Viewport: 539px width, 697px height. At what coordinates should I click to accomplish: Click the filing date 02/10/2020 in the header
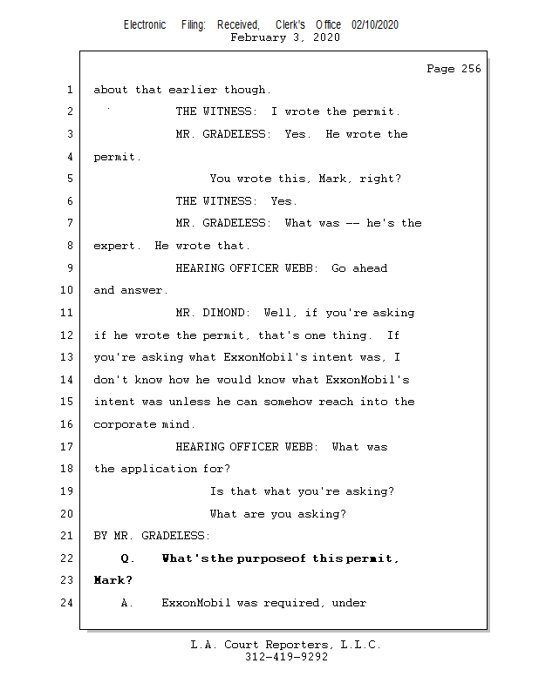[375, 25]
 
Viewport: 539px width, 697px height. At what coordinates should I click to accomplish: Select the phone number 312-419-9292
[286, 657]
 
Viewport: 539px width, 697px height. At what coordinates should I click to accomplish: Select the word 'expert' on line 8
[116, 246]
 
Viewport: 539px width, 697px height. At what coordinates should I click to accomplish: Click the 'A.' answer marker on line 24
[127, 602]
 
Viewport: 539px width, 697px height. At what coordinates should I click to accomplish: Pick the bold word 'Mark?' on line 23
[113, 580]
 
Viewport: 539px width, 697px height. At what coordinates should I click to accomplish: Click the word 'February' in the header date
[257, 37]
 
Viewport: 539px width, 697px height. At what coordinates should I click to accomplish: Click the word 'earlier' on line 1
[193, 90]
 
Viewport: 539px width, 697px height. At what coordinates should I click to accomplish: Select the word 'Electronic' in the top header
[145, 25]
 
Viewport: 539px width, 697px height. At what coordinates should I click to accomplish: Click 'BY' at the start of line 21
[100, 536]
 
